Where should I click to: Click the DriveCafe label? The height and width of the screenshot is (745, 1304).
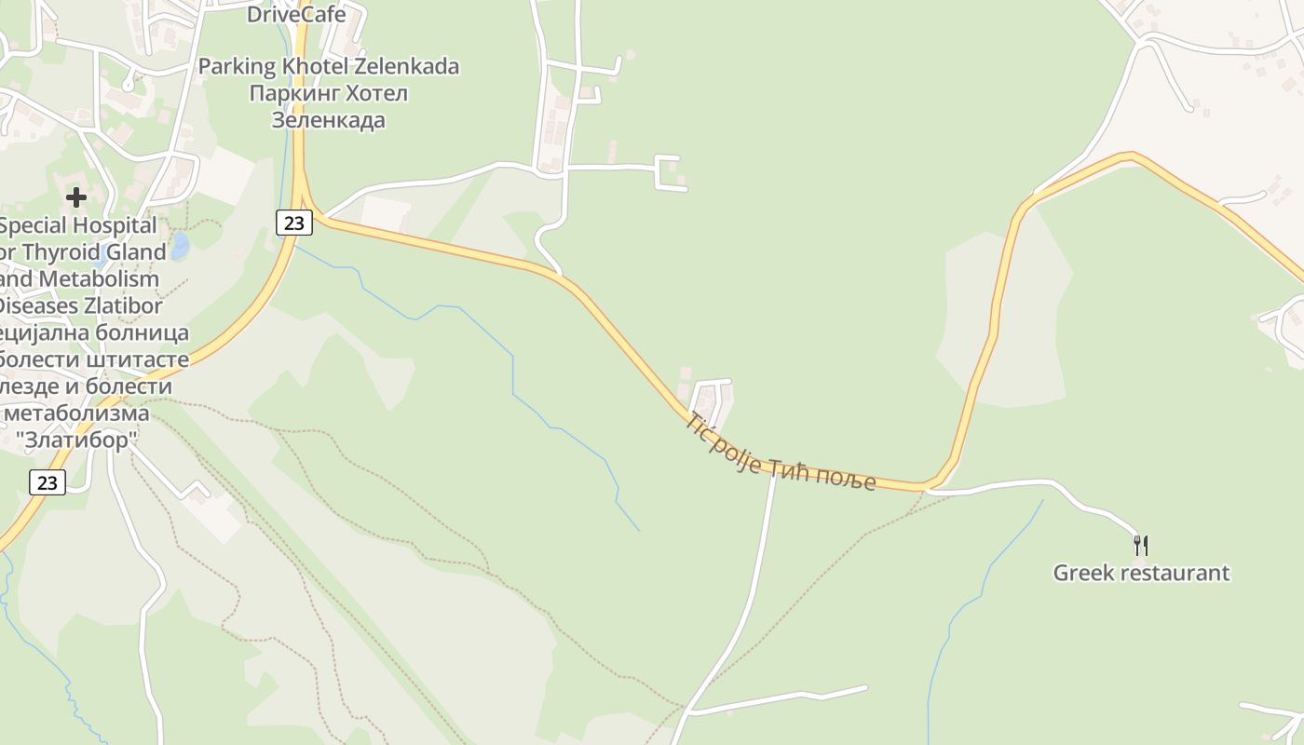295,14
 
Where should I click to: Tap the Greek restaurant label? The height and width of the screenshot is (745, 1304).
1141,573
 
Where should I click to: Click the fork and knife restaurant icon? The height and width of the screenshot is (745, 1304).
1140,544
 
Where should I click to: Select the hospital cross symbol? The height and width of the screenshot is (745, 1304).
76,196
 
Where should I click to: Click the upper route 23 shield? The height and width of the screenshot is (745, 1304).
293,222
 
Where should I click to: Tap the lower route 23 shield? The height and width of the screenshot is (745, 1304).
48,481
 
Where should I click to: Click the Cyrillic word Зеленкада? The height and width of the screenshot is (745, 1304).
328,120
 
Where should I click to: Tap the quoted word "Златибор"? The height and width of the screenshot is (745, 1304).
77,440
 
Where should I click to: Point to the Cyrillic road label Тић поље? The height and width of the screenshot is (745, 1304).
823,476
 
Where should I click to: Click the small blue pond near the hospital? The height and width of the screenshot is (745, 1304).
180,246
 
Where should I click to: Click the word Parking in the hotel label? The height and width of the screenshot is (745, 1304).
238,66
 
